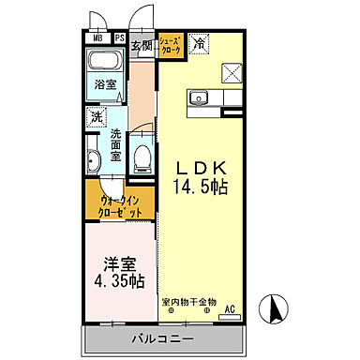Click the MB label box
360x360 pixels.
pyautogui.click(x=97, y=38)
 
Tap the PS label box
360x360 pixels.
pyautogui.click(x=119, y=38)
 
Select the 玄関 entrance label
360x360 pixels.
pyautogui.click(x=142, y=44)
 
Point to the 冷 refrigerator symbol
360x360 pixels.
pyautogui.click(x=199, y=43)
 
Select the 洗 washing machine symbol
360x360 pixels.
pyautogui.click(x=97, y=117)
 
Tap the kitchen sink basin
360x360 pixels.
pyautogui.click(x=198, y=97)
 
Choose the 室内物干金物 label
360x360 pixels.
pyautogui.click(x=188, y=302)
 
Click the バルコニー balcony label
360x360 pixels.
pyautogui.click(x=162, y=337)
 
